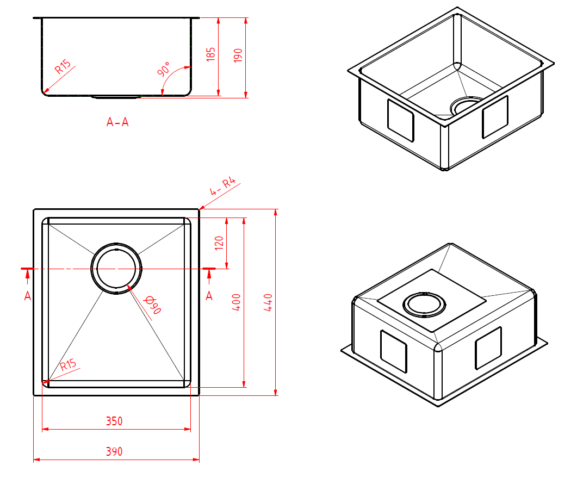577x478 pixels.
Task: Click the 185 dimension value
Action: (212, 53)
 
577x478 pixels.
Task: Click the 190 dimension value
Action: (238, 55)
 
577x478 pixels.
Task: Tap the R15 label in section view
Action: (63, 67)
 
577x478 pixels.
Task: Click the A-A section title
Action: (117, 122)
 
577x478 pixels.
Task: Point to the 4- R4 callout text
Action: (225, 187)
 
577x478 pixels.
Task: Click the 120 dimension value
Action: (219, 241)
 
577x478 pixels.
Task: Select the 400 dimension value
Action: (237, 302)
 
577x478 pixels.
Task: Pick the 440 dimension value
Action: (268, 302)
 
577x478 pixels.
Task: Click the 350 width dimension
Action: (114, 421)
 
